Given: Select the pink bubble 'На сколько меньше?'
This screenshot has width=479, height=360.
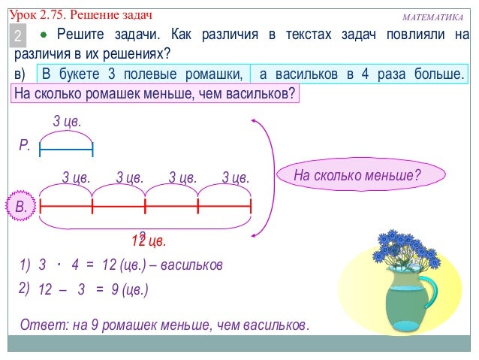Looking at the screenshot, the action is tap(357, 176).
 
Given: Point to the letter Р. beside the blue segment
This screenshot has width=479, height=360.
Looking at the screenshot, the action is tap(25, 146).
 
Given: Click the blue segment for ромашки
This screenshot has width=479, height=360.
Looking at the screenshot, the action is tap(66, 150).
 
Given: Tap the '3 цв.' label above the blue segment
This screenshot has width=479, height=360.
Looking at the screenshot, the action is tap(66, 122).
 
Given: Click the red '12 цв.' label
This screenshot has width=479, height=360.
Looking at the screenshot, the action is tap(148, 241).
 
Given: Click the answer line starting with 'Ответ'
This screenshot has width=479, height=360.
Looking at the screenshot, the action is tap(164, 325).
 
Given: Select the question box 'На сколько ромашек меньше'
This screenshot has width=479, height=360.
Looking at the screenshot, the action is tap(155, 93).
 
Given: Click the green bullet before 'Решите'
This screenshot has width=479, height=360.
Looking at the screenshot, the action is tap(44, 35).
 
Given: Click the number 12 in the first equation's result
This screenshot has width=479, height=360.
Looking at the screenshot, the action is tap(109, 265).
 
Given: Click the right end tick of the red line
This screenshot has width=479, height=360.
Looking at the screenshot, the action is tap(251, 205).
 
